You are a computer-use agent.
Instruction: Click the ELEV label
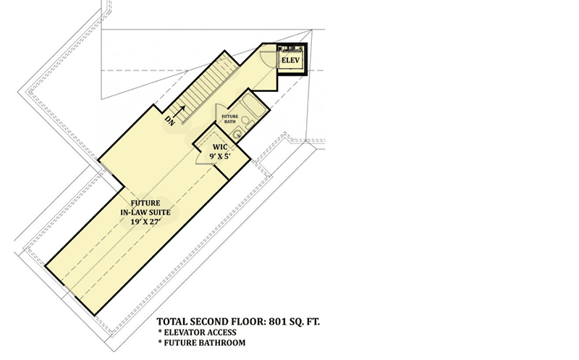pos(291,60)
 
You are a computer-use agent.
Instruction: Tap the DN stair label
pos(170,121)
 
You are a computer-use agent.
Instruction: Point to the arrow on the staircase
pos(178,112)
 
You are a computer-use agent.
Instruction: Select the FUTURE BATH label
pos(229,119)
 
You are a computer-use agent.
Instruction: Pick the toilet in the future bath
pos(248,123)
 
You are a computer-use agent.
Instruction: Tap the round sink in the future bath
pos(237,133)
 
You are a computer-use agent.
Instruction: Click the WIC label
pos(220,148)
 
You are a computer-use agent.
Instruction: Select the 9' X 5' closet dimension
pos(220,156)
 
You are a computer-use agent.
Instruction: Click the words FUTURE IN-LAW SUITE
pos(145,208)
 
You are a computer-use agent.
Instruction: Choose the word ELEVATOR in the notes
pos(183,332)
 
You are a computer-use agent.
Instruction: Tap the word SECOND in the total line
pos(208,322)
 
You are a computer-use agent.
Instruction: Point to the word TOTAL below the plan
pos(172,322)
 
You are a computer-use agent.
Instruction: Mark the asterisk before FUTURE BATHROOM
pos(160,343)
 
